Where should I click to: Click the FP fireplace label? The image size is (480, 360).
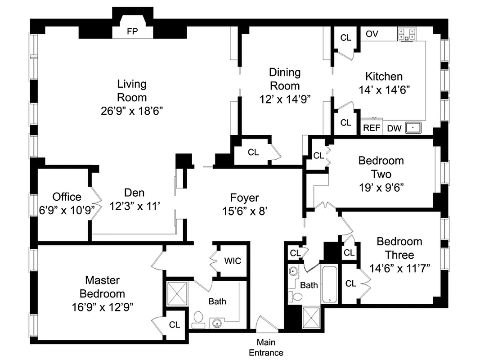[x=133, y=31]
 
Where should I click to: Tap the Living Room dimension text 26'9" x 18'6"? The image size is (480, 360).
[x=132, y=111]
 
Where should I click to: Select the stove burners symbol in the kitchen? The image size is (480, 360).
[x=406, y=34]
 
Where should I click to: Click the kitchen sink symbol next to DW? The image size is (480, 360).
[x=413, y=128]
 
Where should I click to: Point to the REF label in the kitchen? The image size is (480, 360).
[x=372, y=128]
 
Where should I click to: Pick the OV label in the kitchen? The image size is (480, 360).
[x=372, y=34]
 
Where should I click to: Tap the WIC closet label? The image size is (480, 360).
[x=232, y=261]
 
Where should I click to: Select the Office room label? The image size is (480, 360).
[x=67, y=197]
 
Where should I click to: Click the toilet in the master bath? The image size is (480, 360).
[x=197, y=319]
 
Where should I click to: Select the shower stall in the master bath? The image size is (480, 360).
[x=177, y=293]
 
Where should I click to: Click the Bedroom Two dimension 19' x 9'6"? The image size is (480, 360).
[x=381, y=187]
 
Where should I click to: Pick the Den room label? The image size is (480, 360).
[x=134, y=193]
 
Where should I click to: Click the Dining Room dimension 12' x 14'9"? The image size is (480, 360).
[x=285, y=99]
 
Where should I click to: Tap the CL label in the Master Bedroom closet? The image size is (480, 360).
[x=175, y=324]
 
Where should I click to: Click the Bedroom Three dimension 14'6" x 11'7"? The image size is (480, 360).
[x=399, y=268]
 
